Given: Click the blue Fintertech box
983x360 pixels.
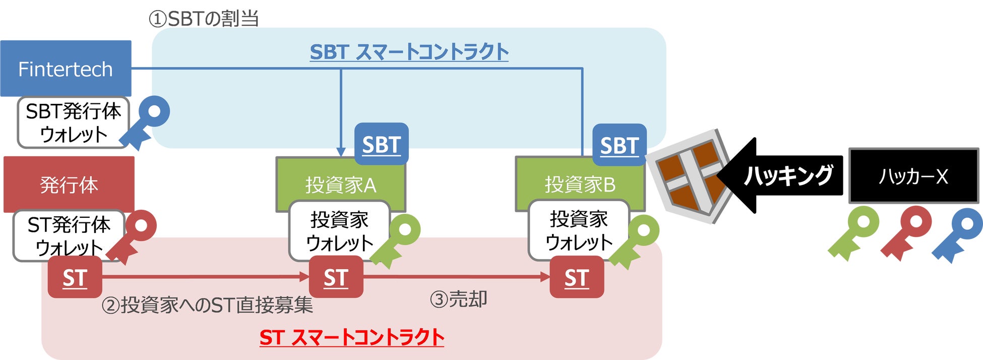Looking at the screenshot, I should [x=66, y=69].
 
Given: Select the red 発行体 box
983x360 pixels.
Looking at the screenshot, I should [x=69, y=184].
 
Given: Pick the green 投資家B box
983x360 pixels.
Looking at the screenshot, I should [x=580, y=185].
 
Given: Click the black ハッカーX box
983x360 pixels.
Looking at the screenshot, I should [x=913, y=176].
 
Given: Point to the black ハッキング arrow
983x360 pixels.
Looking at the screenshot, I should [x=781, y=175].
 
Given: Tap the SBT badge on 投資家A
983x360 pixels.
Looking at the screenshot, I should [x=381, y=144].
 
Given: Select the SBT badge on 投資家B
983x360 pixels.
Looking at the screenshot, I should [x=619, y=145].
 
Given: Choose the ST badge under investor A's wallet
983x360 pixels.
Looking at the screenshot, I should [x=336, y=277].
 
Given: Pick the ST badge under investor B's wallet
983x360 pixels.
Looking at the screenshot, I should [x=577, y=277].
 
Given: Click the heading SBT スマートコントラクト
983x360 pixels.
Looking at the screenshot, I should [x=409, y=52].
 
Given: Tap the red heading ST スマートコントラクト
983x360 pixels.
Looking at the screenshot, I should [x=351, y=337].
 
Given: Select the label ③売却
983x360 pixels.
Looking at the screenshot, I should [x=458, y=299].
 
